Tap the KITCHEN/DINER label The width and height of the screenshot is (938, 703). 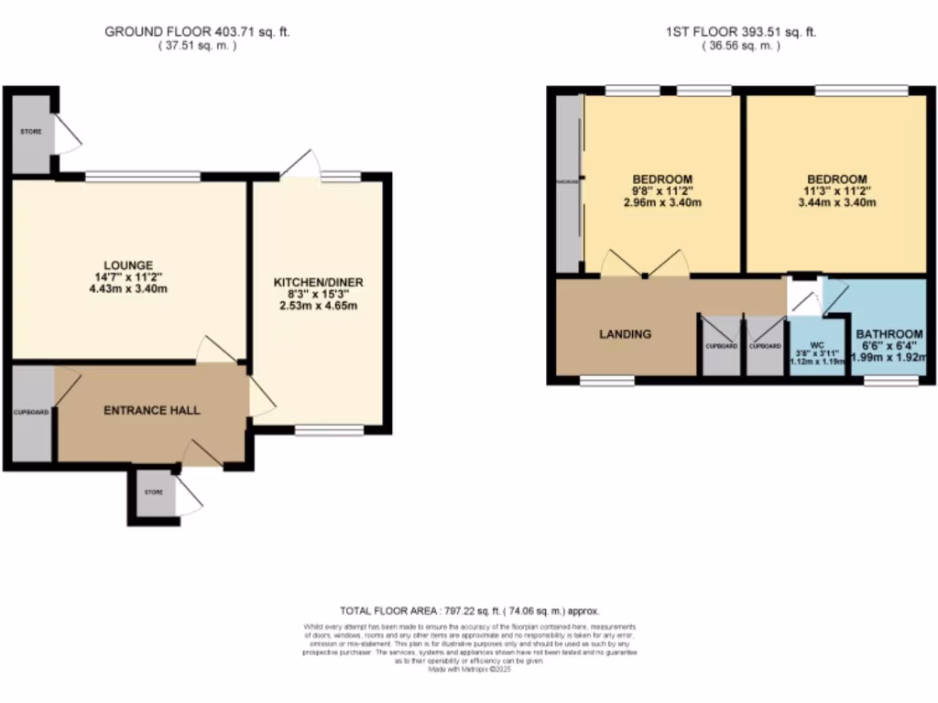coord(319,282)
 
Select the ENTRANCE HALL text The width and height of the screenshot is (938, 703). coord(151,410)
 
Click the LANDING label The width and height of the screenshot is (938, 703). coord(626,334)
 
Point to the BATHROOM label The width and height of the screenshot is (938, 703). coord(889,334)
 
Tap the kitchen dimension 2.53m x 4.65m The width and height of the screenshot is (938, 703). coord(319,306)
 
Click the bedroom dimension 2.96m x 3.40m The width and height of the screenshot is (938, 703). coord(662,203)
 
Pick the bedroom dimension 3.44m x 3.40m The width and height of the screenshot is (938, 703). coord(835,203)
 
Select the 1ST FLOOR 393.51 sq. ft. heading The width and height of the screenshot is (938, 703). coord(741,31)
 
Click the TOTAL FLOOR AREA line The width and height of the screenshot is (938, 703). coord(469,610)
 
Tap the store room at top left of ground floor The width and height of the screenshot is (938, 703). coord(31,132)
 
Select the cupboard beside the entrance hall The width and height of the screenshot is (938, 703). coord(30,413)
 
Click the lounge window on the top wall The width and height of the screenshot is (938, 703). coord(142,176)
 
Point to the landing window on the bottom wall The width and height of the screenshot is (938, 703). coord(606,380)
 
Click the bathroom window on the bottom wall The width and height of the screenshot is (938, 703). coord(885,380)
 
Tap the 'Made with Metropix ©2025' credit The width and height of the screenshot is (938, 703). coord(469,670)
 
